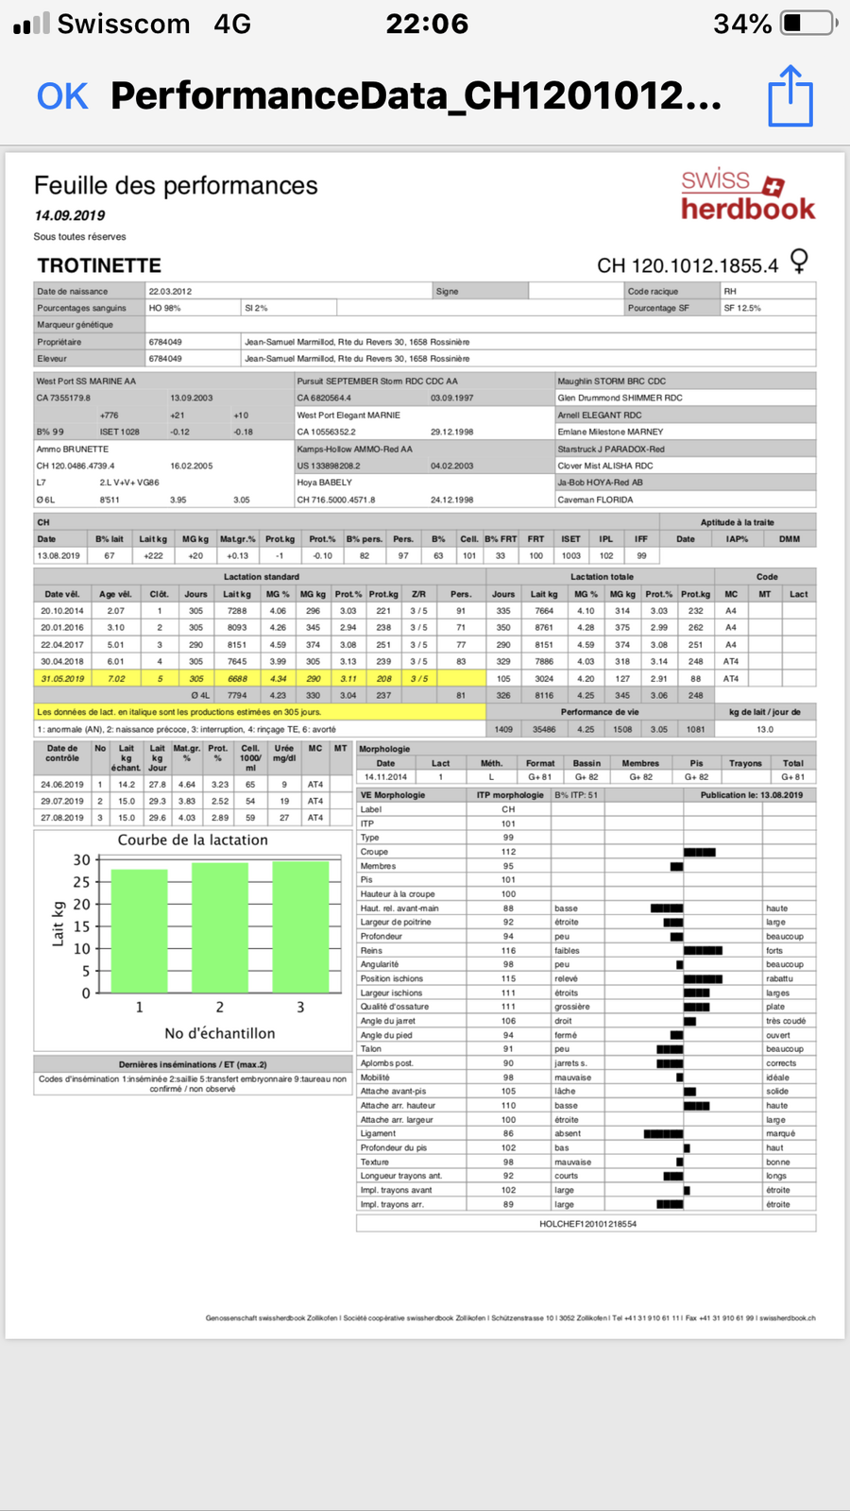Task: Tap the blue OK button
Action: pyautogui.click(x=62, y=96)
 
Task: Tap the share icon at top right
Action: pyautogui.click(x=790, y=95)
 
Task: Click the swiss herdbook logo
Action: pyautogui.click(x=747, y=195)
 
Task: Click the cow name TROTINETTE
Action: pyautogui.click(x=99, y=265)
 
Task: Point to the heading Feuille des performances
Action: pyautogui.click(x=176, y=185)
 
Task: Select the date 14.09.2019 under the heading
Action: pyautogui.click(x=70, y=215)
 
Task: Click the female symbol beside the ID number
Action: pyautogui.click(x=799, y=261)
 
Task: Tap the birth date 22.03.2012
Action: pyautogui.click(x=170, y=291)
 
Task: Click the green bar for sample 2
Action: pyautogui.click(x=220, y=926)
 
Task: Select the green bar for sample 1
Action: pyautogui.click(x=139, y=930)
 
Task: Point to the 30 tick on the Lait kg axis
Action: pyautogui.click(x=82, y=859)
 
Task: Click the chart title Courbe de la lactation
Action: pyautogui.click(x=193, y=840)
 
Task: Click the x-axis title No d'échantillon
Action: pyautogui.click(x=220, y=1033)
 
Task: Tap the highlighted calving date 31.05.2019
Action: pyautogui.click(x=62, y=678)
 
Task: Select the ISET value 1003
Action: pyautogui.click(x=571, y=555)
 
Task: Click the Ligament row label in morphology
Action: pyautogui.click(x=378, y=1133)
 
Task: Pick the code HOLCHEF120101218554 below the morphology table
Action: pyautogui.click(x=587, y=1223)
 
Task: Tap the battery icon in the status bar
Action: pyautogui.click(x=808, y=23)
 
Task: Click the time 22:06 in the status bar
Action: pyautogui.click(x=427, y=24)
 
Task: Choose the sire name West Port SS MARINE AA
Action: pyautogui.click(x=86, y=381)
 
